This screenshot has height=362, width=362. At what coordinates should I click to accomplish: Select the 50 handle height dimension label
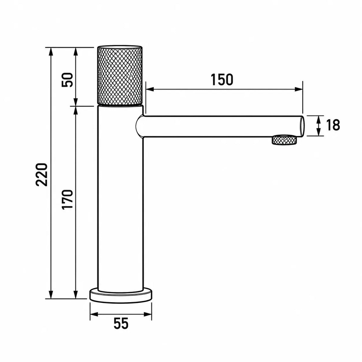point(67,80)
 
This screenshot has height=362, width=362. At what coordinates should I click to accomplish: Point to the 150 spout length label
point(222,79)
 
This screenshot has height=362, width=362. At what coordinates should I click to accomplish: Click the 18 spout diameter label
point(333,125)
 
